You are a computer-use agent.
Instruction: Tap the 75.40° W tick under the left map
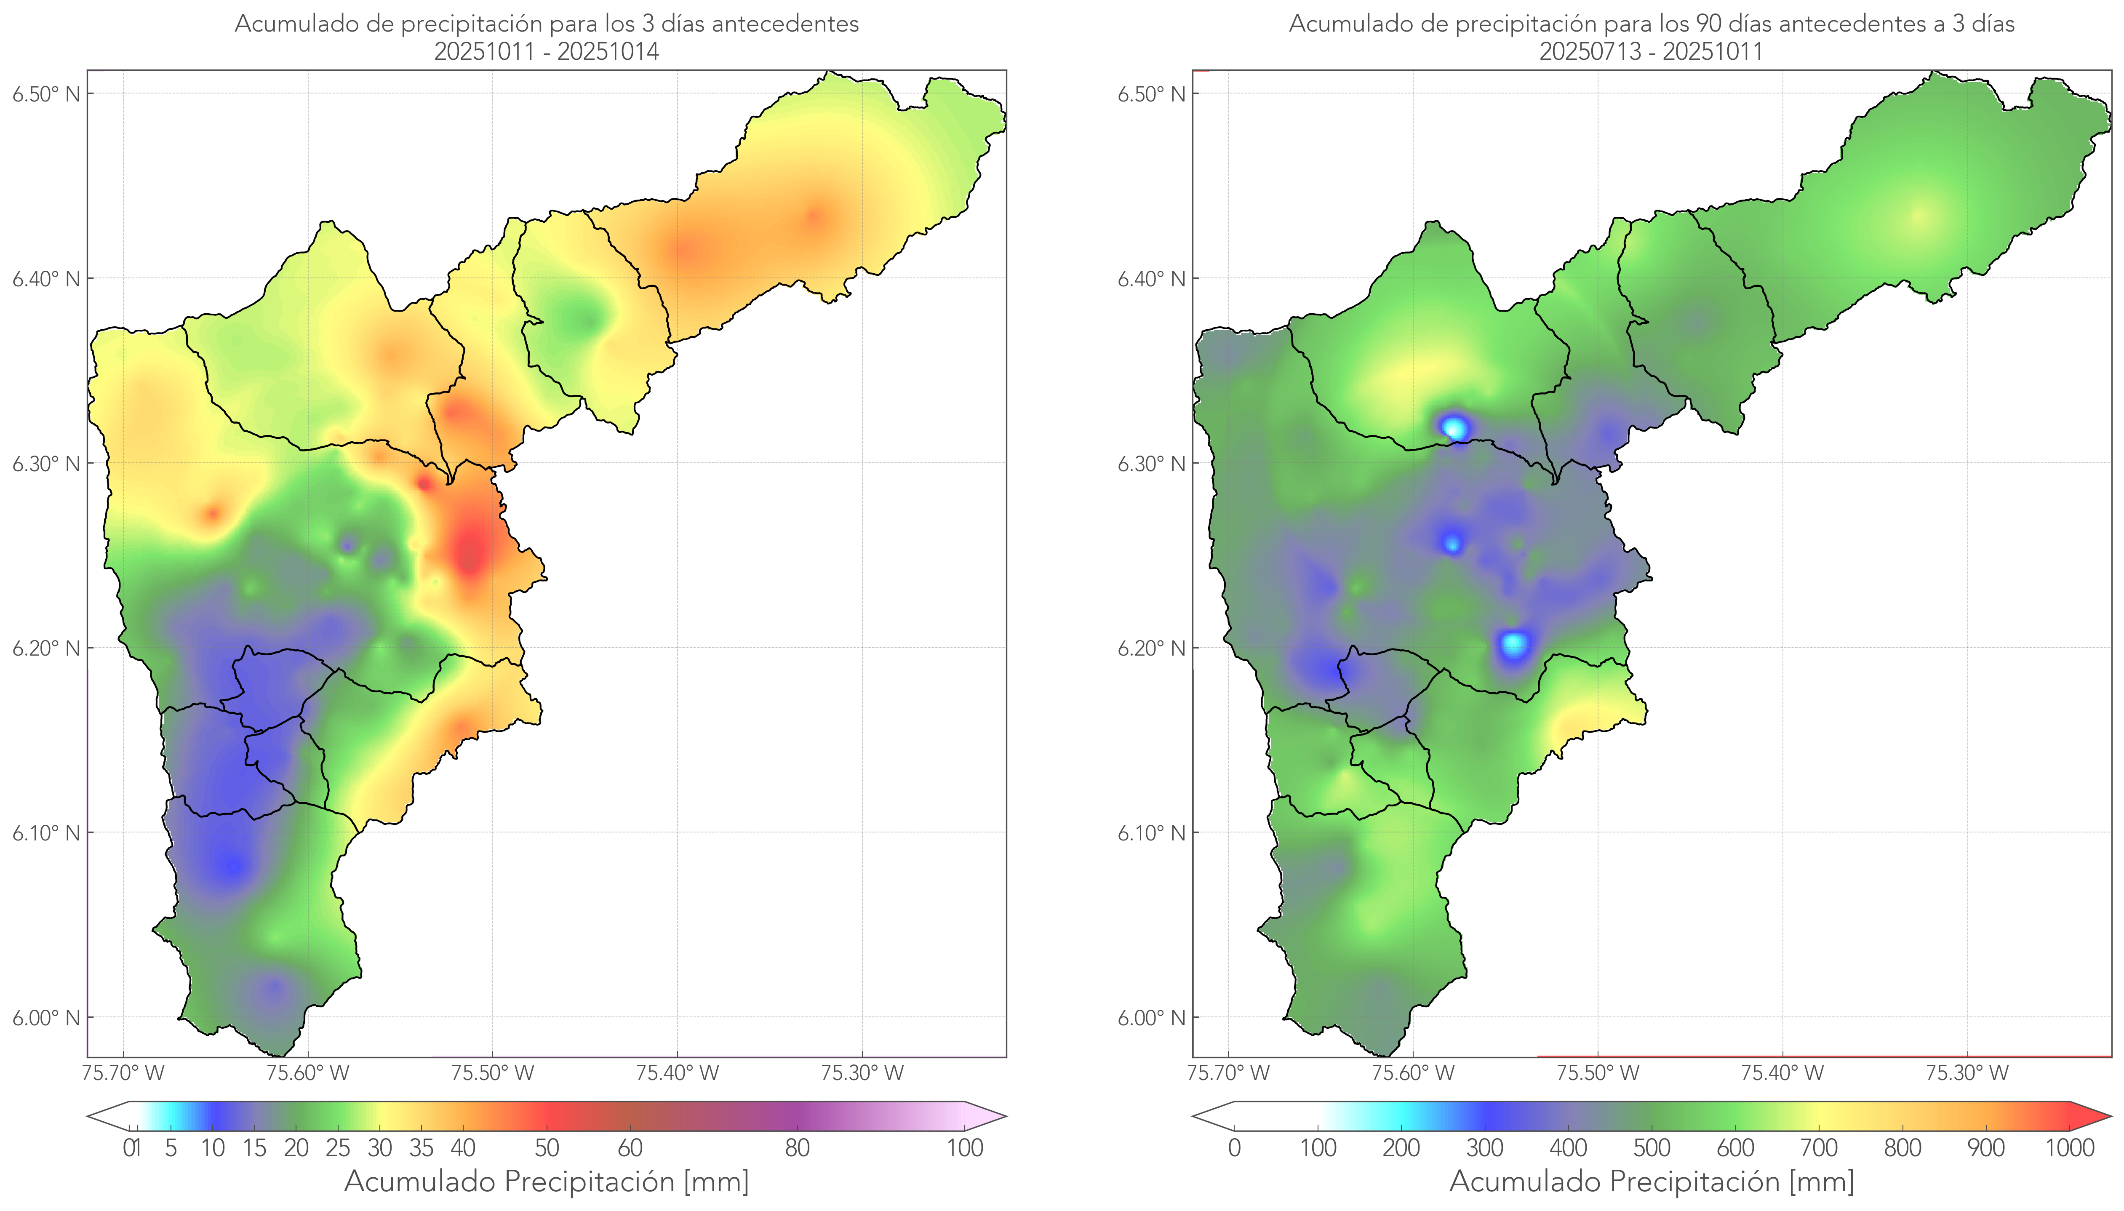point(677,1073)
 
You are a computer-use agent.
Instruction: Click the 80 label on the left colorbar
point(797,1148)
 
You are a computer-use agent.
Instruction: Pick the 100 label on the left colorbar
point(965,1148)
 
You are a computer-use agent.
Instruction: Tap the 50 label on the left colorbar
point(547,1148)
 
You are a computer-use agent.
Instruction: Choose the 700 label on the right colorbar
point(1819,1148)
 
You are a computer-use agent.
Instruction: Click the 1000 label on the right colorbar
point(2069,1148)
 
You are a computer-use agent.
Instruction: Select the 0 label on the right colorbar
point(1234,1148)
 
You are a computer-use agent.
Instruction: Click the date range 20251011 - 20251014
point(547,51)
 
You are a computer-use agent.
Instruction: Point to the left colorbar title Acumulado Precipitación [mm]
point(547,1181)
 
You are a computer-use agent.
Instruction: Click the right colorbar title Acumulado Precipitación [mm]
point(1652,1181)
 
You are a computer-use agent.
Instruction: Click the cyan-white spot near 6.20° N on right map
point(1514,644)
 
